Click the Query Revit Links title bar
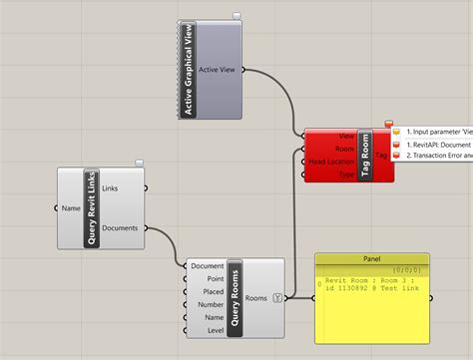coord(92,207)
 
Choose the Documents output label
coord(120,227)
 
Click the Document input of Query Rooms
coord(207,265)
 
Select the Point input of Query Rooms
coord(214,278)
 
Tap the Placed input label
coord(213,291)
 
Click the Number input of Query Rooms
coord(211,304)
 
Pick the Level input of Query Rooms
coord(215,330)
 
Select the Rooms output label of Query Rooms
coord(256,297)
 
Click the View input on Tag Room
coord(345,136)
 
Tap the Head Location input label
coord(328,162)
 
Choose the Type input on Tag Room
coord(346,175)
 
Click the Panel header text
coord(371,258)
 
